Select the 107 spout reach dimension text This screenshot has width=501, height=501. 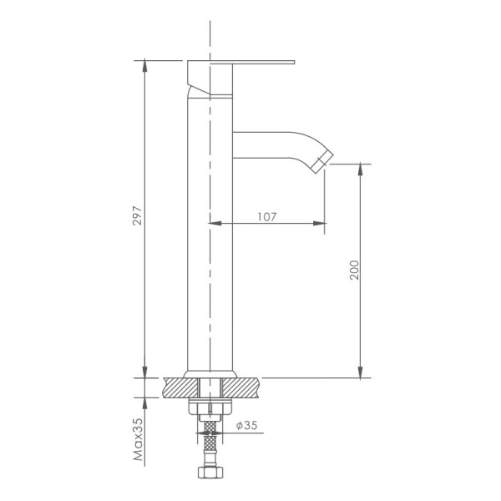(266, 216)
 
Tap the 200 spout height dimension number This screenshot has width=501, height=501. (353, 270)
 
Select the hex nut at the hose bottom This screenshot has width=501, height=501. (209, 473)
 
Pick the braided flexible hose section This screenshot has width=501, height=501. (209, 443)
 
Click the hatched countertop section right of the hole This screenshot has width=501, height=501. (242, 387)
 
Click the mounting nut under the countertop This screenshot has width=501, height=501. (209, 409)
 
